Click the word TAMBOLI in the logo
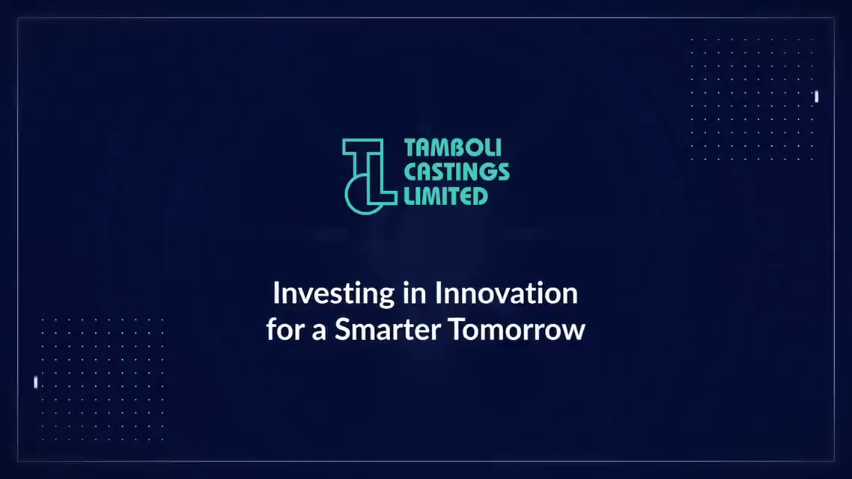tap(453, 147)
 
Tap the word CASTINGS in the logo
tap(457, 171)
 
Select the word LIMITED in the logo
tap(445, 196)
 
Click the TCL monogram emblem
tap(370, 176)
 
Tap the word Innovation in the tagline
tap(506, 293)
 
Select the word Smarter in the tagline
tap(387, 329)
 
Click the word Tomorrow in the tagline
tap(516, 329)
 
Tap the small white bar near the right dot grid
tap(816, 96)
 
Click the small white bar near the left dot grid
tap(36, 382)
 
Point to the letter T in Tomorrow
tap(457, 329)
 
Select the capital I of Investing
tap(276, 293)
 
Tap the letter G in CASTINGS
tap(488, 171)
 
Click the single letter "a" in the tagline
tap(319, 332)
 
